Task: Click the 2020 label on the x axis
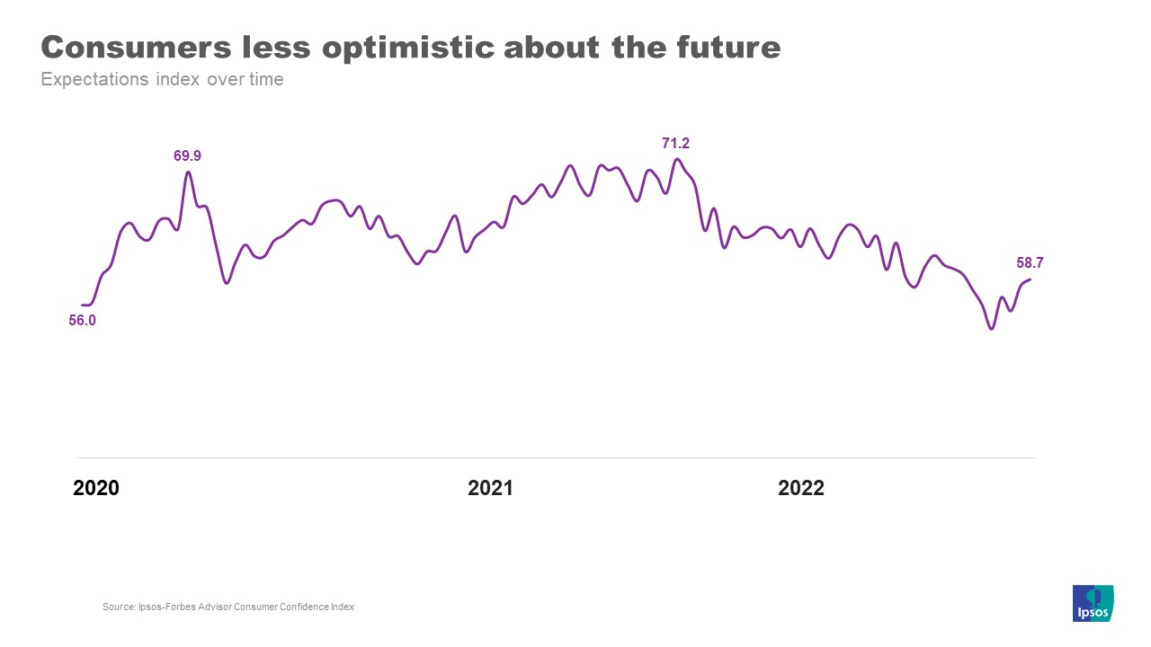point(96,489)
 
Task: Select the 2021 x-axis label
point(490,489)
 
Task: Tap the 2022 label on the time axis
point(801,489)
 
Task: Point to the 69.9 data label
point(187,156)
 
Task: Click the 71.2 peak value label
point(675,144)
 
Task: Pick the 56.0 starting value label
point(82,320)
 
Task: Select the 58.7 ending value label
point(1030,263)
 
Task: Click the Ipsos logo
point(1093,603)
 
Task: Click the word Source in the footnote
point(118,607)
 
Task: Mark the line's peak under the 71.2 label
point(677,160)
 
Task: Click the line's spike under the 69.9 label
point(188,172)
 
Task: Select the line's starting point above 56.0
point(83,306)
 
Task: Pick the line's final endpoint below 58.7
point(1031,279)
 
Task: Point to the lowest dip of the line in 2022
point(992,329)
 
